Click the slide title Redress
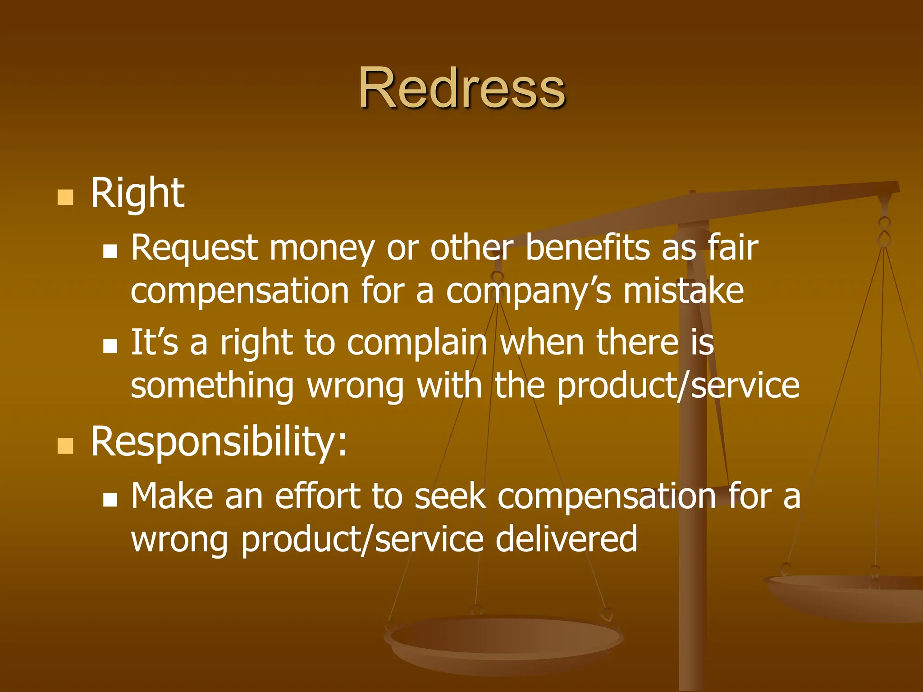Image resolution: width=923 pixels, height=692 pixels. coord(461,87)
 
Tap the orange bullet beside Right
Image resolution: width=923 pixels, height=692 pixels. coord(65,197)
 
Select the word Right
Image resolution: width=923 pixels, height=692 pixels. coord(137,194)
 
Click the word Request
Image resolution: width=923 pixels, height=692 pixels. coord(194,249)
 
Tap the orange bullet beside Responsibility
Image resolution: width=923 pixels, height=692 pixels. coord(65,446)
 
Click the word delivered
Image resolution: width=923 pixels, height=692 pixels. coord(567,539)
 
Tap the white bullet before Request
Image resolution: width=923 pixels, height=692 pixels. coord(110,251)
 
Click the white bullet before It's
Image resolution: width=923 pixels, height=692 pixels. coord(110,346)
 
